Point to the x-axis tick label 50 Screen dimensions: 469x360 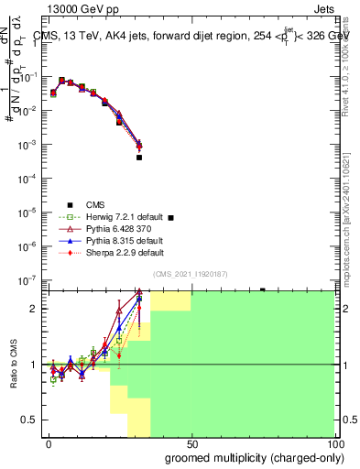(192, 444)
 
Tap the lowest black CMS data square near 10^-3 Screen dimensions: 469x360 (139, 158)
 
